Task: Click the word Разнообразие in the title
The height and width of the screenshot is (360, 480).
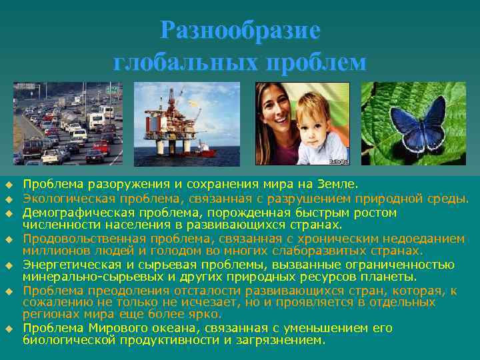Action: click(240, 31)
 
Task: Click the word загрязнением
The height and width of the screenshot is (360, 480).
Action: click(280, 339)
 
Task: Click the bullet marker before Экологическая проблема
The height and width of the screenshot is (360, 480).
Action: click(10, 198)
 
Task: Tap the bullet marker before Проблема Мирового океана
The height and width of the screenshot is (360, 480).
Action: click(10, 329)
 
